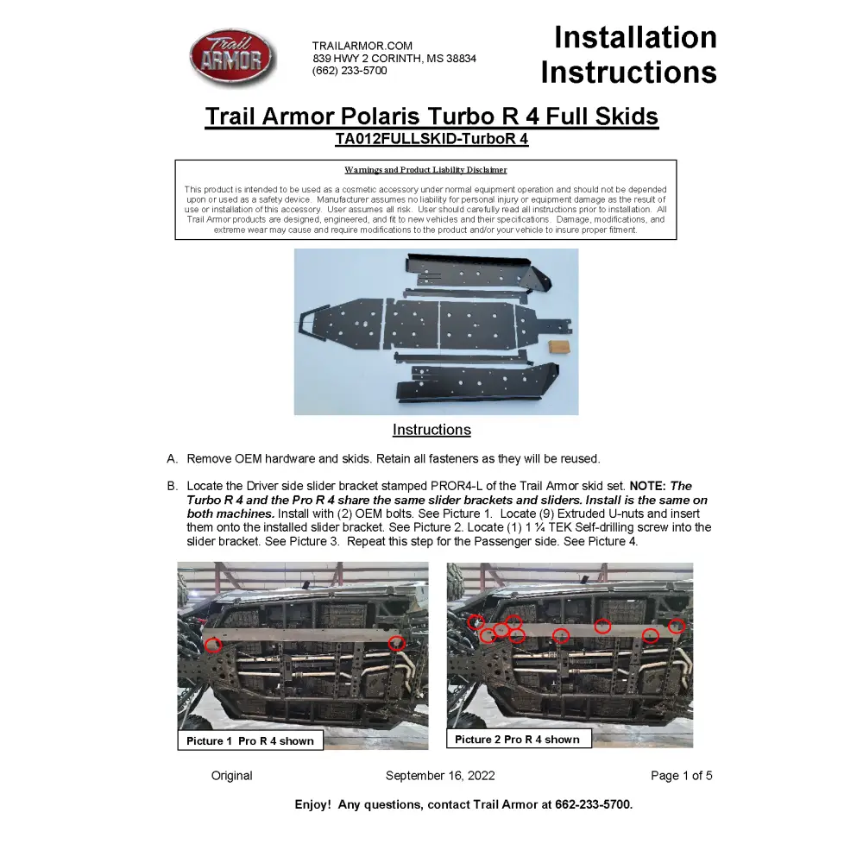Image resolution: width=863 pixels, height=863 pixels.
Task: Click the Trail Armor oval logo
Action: click(x=232, y=58)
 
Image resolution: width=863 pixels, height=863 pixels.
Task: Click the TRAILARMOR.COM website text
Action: click(x=362, y=46)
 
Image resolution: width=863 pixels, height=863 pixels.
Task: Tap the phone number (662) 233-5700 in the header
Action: click(x=350, y=71)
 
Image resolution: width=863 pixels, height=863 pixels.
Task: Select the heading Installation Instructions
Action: click(x=629, y=54)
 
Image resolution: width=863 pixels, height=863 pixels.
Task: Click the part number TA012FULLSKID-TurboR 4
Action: click(x=431, y=139)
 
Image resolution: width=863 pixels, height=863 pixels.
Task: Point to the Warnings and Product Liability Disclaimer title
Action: click(x=425, y=170)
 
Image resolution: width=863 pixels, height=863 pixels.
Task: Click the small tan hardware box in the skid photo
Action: click(x=558, y=346)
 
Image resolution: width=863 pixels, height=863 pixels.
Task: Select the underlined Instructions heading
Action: click(x=431, y=430)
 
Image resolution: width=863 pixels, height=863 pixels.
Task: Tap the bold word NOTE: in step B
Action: click(x=647, y=487)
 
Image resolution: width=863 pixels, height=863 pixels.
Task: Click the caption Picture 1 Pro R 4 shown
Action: click(x=250, y=741)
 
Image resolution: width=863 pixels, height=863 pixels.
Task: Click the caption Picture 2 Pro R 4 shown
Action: click(x=517, y=740)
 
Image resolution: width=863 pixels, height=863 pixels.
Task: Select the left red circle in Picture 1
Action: click(x=213, y=644)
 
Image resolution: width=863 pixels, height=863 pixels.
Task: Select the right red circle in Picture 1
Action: click(x=396, y=643)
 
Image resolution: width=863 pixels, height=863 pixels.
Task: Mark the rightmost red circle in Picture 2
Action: click(x=677, y=626)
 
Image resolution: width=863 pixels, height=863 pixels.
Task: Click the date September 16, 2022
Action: click(x=440, y=776)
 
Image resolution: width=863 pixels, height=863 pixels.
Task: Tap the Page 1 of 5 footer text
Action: click(x=681, y=776)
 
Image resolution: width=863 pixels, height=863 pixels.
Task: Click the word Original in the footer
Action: click(x=232, y=776)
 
